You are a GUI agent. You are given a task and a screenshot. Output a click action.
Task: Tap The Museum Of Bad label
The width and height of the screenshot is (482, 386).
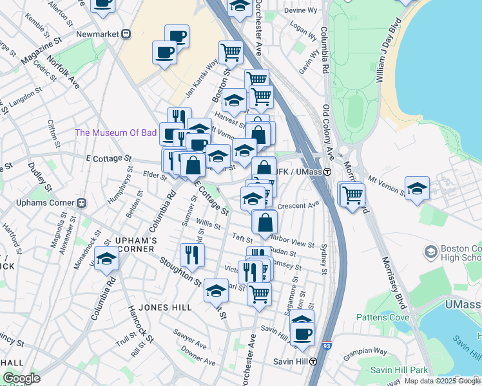(x=116, y=133)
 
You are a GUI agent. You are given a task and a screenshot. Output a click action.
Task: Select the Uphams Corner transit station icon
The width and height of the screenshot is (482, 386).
(x=82, y=203)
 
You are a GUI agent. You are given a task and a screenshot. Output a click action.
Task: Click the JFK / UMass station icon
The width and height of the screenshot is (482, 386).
(x=327, y=172)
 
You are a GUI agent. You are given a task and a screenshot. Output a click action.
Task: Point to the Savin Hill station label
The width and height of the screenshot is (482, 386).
(x=287, y=361)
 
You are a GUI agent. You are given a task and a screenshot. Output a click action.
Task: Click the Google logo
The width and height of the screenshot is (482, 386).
(x=21, y=378)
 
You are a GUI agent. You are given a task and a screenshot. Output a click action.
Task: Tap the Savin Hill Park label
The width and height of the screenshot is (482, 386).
(x=400, y=370)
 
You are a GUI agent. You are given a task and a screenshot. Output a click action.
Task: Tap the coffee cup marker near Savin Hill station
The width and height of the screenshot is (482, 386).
(x=302, y=333)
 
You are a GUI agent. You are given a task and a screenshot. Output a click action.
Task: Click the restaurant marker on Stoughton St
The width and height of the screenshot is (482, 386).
(x=193, y=255)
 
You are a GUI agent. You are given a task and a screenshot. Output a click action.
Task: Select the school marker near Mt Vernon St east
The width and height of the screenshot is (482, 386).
(x=418, y=188)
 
